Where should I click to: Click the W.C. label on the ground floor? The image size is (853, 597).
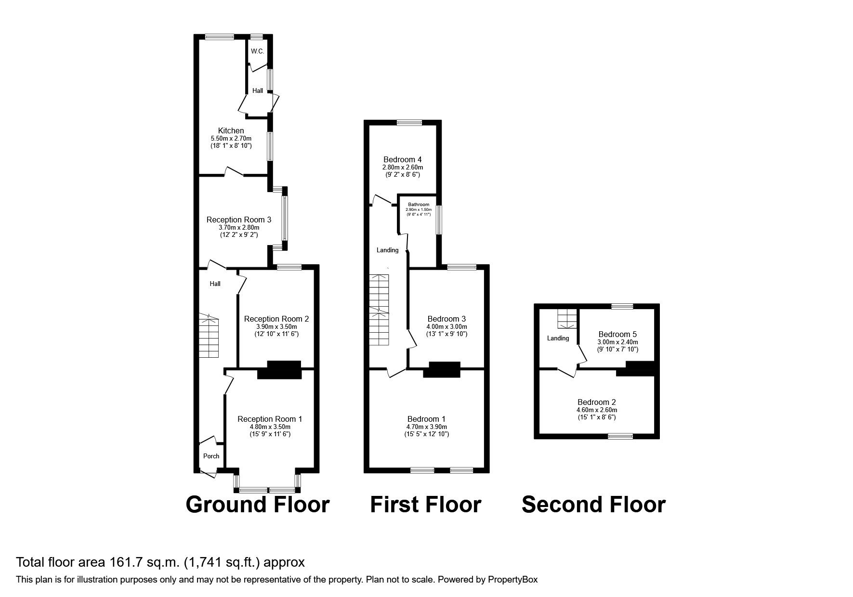257,51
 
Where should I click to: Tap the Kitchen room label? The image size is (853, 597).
231,130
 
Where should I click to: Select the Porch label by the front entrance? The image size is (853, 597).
211,456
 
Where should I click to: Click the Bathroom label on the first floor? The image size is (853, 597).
418,205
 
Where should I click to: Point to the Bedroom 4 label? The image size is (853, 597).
403,159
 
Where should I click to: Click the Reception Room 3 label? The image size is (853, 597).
239,220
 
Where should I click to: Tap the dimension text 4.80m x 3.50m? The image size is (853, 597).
270,427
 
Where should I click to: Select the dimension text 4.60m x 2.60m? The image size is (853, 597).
597,410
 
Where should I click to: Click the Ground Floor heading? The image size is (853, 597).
258,505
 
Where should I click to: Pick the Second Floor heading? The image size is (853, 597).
593,505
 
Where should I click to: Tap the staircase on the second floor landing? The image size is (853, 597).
567,318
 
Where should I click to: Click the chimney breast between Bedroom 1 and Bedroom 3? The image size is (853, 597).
442,369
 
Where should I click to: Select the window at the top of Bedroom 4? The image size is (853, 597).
410,122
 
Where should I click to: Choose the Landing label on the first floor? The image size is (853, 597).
388,250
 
